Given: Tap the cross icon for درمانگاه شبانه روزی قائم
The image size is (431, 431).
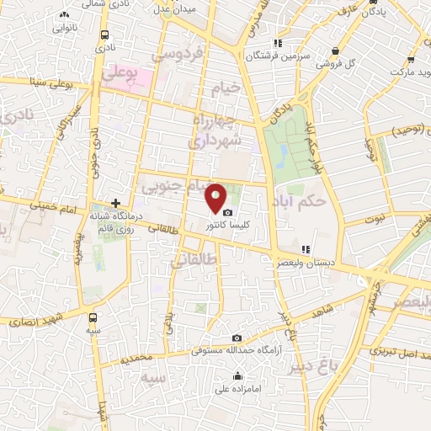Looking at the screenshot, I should pyautogui.click(x=115, y=203).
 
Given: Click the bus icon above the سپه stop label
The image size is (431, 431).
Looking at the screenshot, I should pyautogui.click(x=93, y=318).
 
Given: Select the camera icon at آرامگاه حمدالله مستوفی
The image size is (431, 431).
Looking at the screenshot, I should pyautogui.click(x=237, y=338).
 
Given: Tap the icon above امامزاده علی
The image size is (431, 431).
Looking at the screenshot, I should pyautogui.click(x=238, y=376).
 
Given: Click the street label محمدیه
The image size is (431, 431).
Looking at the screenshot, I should pyautogui.click(x=136, y=357).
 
